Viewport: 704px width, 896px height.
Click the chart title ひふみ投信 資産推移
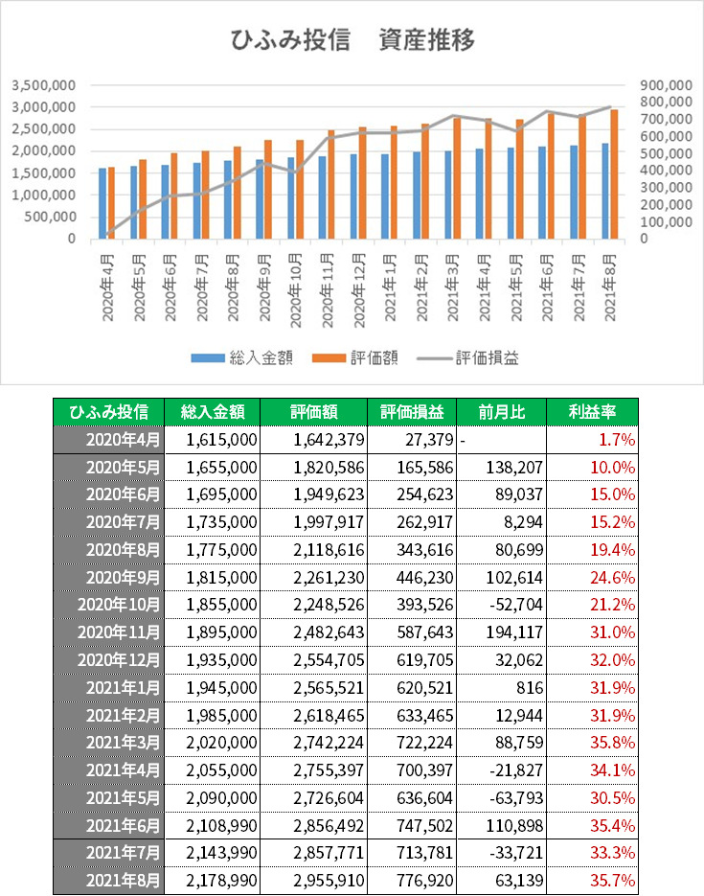tap(352, 40)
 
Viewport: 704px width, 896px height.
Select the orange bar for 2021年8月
tap(614, 173)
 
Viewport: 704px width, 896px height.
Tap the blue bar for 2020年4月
tap(102, 203)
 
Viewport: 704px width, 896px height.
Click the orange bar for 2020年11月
tap(331, 185)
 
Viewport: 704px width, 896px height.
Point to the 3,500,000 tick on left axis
tap(44, 85)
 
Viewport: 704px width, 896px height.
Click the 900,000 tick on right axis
tap(666, 85)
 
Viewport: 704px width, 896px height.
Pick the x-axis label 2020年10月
tap(295, 290)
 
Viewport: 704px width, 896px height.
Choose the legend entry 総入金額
tap(242, 358)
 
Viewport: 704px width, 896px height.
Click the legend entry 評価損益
tap(468, 358)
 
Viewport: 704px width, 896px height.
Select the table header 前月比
tap(501, 412)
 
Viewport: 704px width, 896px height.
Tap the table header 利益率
tap(592, 412)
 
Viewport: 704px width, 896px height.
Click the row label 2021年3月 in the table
tap(123, 743)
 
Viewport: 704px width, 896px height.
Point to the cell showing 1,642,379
tap(329, 440)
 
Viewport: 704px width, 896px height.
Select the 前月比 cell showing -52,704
tap(516, 605)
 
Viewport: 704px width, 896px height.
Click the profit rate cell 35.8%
tap(613, 743)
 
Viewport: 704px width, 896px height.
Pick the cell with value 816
tap(530, 687)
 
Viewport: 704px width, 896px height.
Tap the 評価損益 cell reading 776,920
tap(425, 881)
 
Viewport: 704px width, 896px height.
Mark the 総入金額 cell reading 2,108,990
tap(221, 826)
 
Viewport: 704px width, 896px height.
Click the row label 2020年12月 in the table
tap(119, 660)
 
